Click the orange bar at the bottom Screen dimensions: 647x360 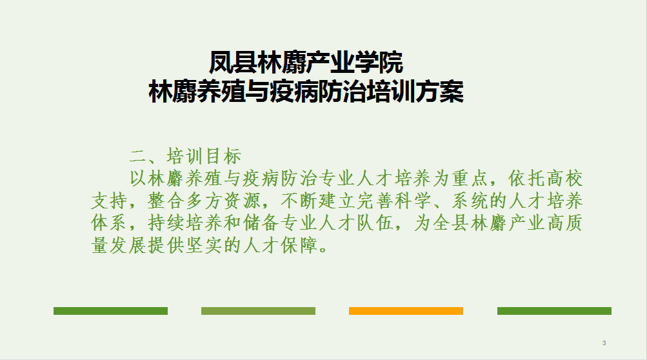click(x=406, y=311)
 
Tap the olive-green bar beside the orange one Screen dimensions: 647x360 click(x=258, y=311)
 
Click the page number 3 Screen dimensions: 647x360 click(x=604, y=343)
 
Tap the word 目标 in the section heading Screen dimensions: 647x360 click(x=223, y=157)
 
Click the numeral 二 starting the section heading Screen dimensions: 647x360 click(x=138, y=157)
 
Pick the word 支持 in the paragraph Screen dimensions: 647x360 click(x=109, y=201)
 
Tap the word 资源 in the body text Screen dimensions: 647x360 click(x=242, y=201)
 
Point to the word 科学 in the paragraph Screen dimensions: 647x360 click(x=413, y=201)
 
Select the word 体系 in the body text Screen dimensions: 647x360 click(x=109, y=223)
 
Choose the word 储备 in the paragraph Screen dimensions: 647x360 click(x=261, y=223)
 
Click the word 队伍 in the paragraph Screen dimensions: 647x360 click(x=375, y=223)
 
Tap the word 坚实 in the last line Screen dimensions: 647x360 click(x=204, y=245)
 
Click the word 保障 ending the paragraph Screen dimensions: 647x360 click(x=299, y=245)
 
